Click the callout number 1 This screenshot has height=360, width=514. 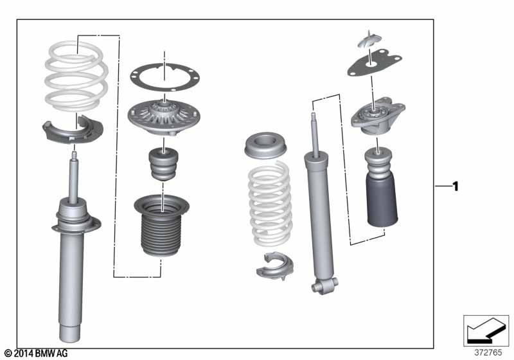point(456,186)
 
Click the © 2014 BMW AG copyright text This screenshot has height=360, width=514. point(35,354)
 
